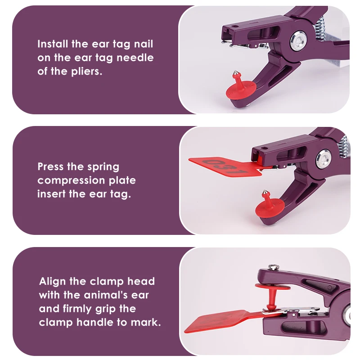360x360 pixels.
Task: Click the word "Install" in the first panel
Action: [53, 44]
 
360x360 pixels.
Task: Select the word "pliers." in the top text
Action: [86, 72]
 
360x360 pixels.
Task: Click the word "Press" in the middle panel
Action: [50, 166]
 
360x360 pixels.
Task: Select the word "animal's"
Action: [106, 295]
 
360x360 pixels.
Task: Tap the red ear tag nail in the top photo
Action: [240, 86]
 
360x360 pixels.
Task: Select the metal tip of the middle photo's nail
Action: [265, 193]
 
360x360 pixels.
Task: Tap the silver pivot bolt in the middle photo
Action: [324, 159]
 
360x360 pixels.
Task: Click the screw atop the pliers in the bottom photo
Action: [274, 266]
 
